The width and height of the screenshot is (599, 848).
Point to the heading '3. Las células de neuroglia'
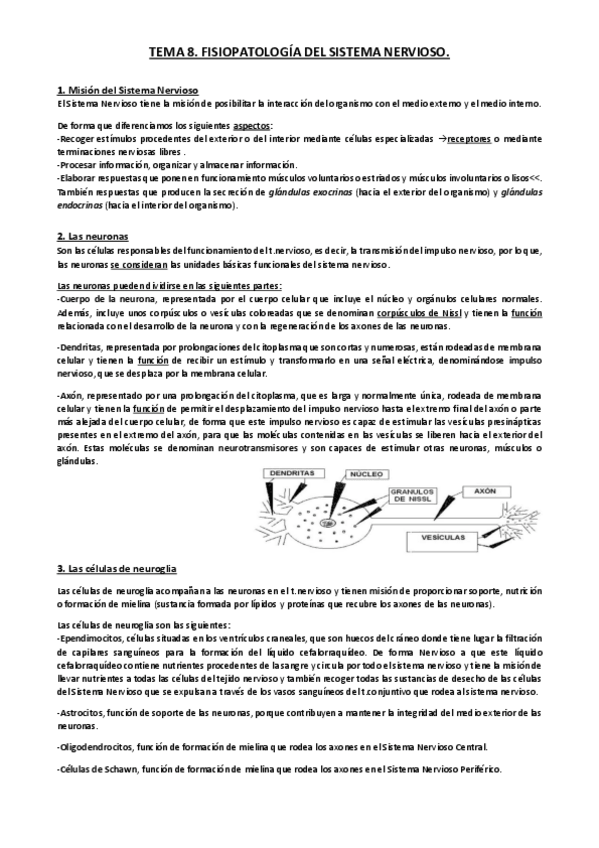point(117,568)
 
